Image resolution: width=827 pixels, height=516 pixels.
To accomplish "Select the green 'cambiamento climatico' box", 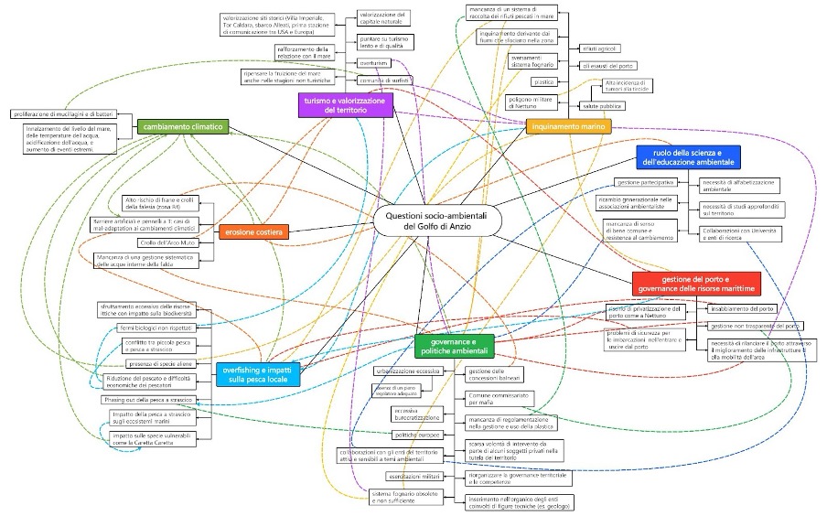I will [183, 127].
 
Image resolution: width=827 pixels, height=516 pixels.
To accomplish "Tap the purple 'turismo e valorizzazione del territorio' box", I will [346, 104].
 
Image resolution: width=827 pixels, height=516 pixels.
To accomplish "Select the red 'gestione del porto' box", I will [696, 283].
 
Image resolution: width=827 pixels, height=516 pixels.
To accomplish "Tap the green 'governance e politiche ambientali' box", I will [455, 345].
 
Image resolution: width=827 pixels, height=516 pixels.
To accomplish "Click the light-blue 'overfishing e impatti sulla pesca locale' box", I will [256, 373].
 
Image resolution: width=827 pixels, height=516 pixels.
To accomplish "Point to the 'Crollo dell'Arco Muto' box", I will [169, 242].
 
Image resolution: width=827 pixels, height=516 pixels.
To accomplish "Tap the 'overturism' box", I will [373, 63].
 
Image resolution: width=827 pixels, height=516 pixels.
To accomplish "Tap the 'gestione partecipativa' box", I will [639, 183].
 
